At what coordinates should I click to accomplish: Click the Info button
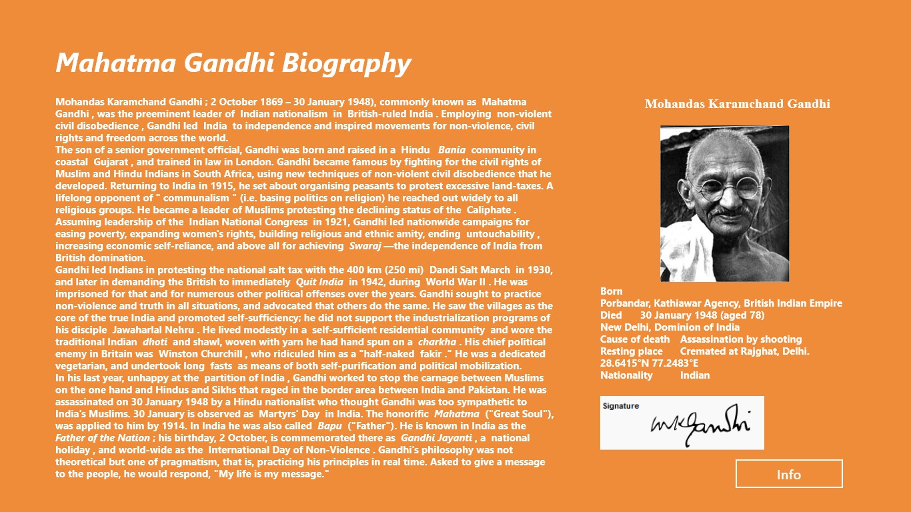point(789,474)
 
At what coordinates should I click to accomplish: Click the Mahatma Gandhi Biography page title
point(233,63)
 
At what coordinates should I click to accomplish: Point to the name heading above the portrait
point(737,104)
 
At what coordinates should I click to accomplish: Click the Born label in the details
point(612,291)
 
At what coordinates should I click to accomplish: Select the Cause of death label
point(635,339)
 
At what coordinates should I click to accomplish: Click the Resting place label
point(632,351)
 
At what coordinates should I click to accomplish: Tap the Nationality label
point(626,375)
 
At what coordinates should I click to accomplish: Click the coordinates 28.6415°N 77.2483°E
point(650,363)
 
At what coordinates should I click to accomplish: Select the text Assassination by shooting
point(741,339)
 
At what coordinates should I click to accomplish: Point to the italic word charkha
point(437,342)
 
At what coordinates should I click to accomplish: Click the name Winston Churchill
point(193,354)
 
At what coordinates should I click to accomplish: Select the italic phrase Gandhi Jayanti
point(436,438)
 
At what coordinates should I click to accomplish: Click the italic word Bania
point(451,150)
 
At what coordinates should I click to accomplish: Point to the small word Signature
point(621,406)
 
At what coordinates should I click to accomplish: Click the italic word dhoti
point(155,342)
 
